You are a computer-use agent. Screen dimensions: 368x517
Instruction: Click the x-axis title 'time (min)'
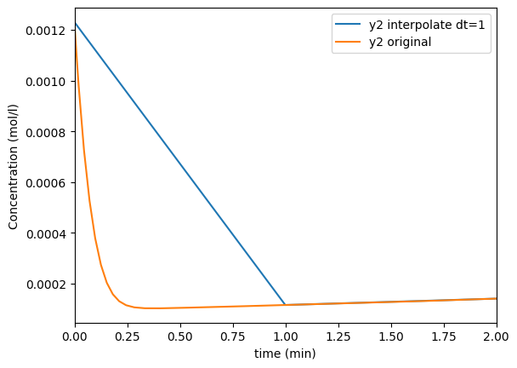point(286,353)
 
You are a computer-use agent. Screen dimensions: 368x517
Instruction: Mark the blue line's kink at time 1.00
point(285,304)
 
